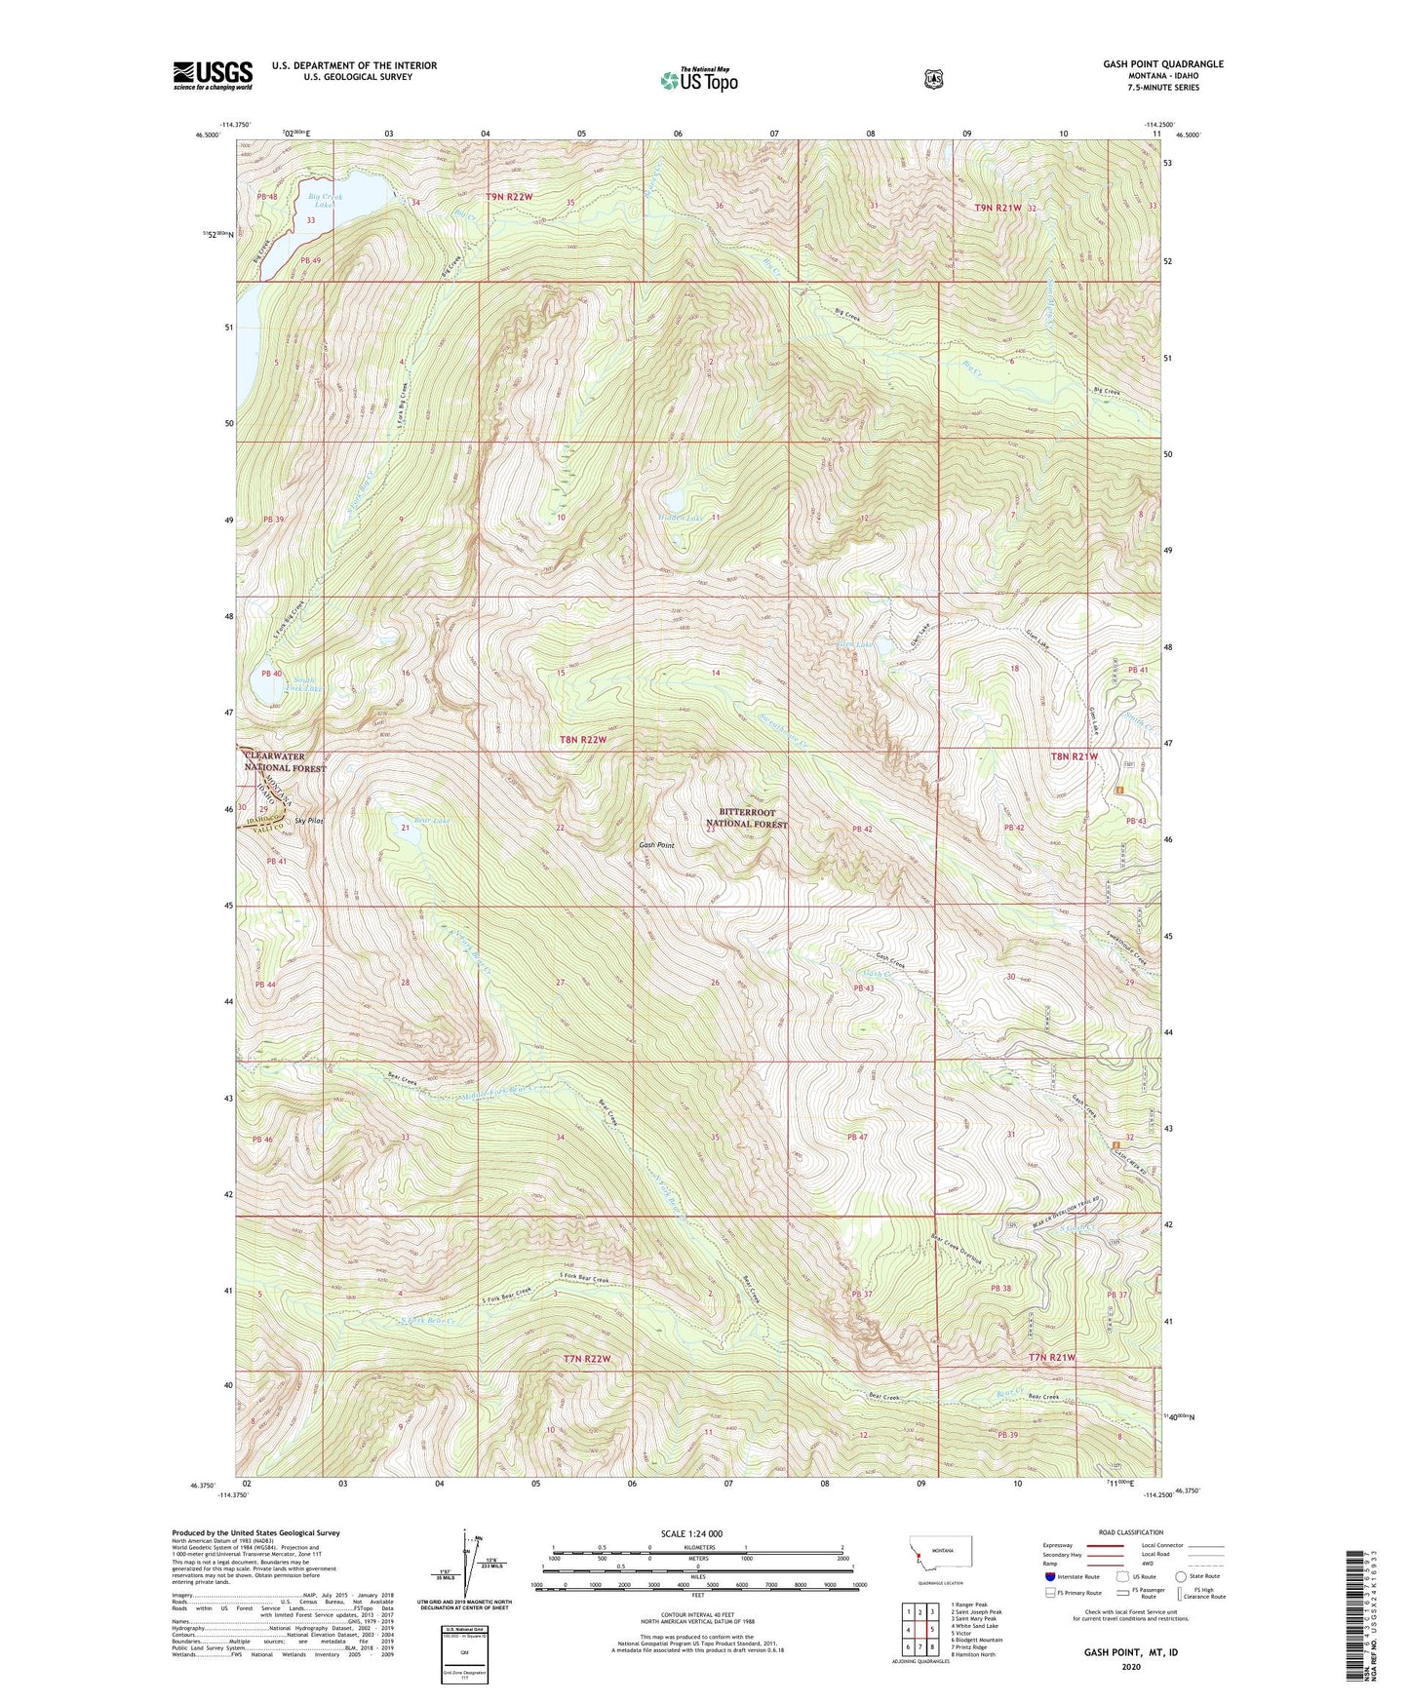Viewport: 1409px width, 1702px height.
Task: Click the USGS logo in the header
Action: [213, 74]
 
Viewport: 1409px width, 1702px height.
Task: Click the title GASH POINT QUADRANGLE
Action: [1162, 64]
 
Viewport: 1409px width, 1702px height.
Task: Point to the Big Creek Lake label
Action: [324, 201]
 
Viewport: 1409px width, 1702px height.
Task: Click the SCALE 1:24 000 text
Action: [691, 1533]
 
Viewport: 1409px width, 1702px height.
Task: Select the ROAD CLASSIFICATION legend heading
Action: [1129, 1532]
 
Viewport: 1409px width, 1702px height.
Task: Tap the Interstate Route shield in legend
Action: [1050, 1575]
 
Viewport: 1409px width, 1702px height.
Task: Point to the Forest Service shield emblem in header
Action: [933, 80]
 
